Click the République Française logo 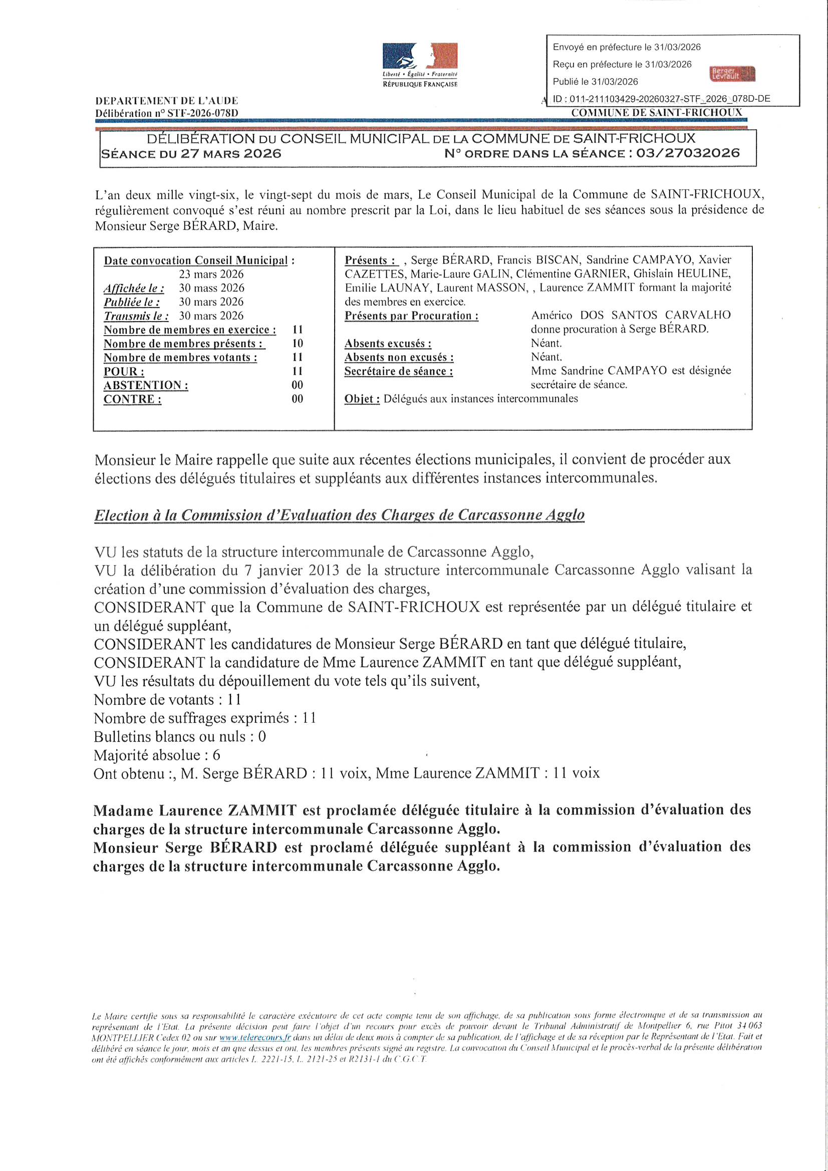point(420,65)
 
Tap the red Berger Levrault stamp point(733,75)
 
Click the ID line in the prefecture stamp point(661,99)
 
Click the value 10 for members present point(298,344)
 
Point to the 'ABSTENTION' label point(146,385)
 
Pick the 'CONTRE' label point(133,399)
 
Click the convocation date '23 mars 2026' point(211,274)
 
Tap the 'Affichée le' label point(134,288)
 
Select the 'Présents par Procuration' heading point(412,316)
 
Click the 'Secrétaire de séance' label point(398,371)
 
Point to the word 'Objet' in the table point(362,399)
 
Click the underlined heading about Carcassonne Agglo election point(339,515)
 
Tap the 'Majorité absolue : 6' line point(157,755)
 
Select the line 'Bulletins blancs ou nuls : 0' point(180,736)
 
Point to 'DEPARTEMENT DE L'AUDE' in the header point(166,101)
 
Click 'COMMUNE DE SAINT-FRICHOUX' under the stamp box point(657,113)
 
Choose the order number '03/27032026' point(685,153)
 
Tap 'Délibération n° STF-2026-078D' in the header point(166,113)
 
